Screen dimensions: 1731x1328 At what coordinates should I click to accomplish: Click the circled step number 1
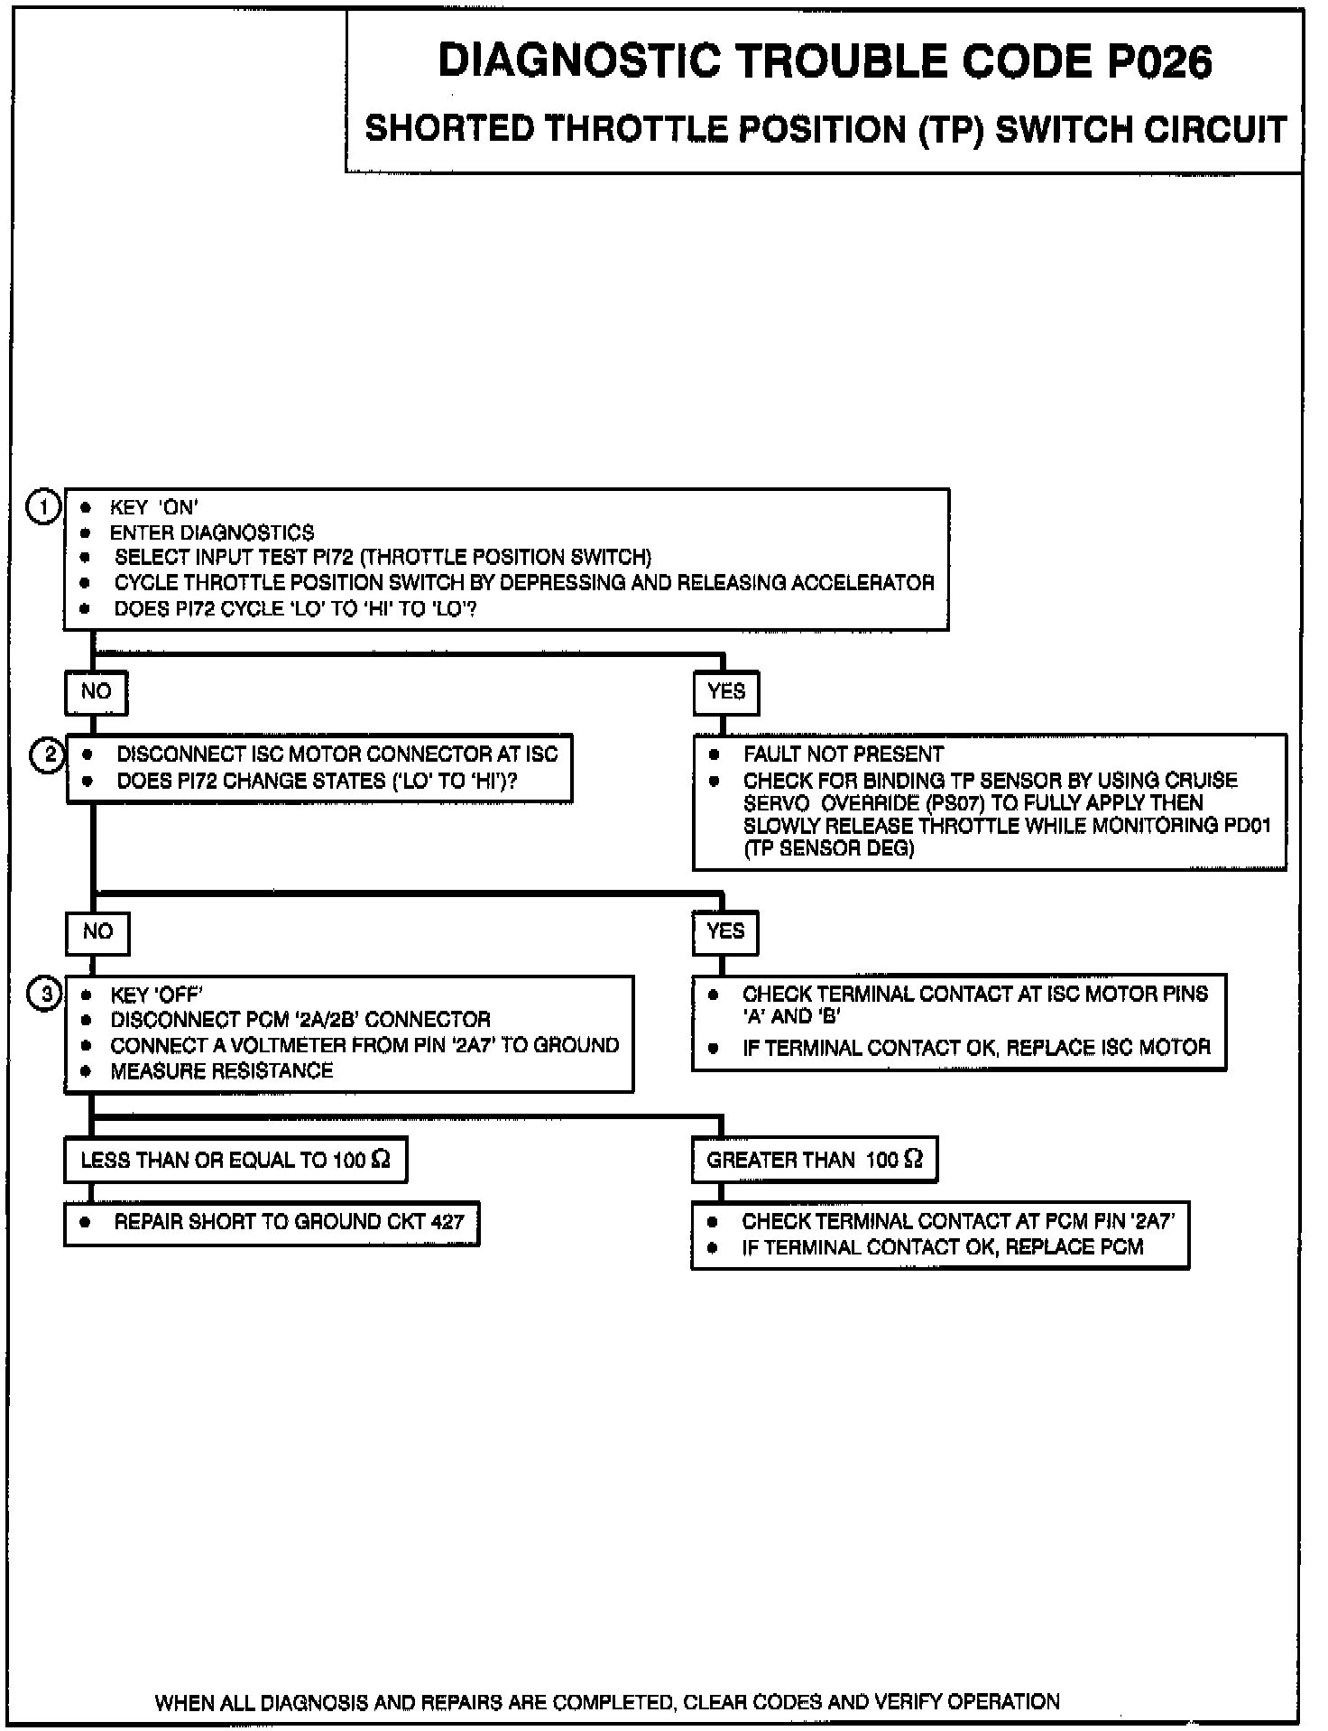click(x=42, y=507)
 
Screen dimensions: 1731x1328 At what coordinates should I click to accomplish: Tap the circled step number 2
click(x=48, y=754)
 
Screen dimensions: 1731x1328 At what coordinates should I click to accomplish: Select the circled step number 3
click(x=45, y=995)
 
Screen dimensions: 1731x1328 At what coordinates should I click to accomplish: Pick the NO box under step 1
click(x=96, y=692)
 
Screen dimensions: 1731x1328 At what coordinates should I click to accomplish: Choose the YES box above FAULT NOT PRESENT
click(x=726, y=692)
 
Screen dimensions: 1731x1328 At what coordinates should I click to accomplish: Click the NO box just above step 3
click(x=97, y=932)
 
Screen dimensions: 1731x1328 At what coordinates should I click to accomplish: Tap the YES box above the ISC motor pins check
click(x=725, y=932)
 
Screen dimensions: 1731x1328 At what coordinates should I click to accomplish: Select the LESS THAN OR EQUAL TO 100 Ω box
click(x=235, y=1160)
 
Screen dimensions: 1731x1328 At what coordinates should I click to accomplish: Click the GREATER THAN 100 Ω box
click(x=815, y=1160)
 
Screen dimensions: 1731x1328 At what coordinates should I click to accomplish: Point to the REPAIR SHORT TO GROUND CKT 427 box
click(x=272, y=1223)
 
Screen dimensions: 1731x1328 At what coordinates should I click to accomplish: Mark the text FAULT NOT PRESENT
click(x=844, y=754)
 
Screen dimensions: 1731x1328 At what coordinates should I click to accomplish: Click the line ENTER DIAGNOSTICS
click(x=212, y=532)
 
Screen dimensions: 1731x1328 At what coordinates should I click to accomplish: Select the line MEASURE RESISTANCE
click(x=222, y=1071)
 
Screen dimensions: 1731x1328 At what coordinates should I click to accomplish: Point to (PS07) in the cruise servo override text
click(x=955, y=803)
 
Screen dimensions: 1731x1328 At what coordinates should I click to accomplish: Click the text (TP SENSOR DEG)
click(x=829, y=849)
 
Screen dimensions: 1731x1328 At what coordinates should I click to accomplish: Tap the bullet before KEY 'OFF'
click(x=87, y=995)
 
